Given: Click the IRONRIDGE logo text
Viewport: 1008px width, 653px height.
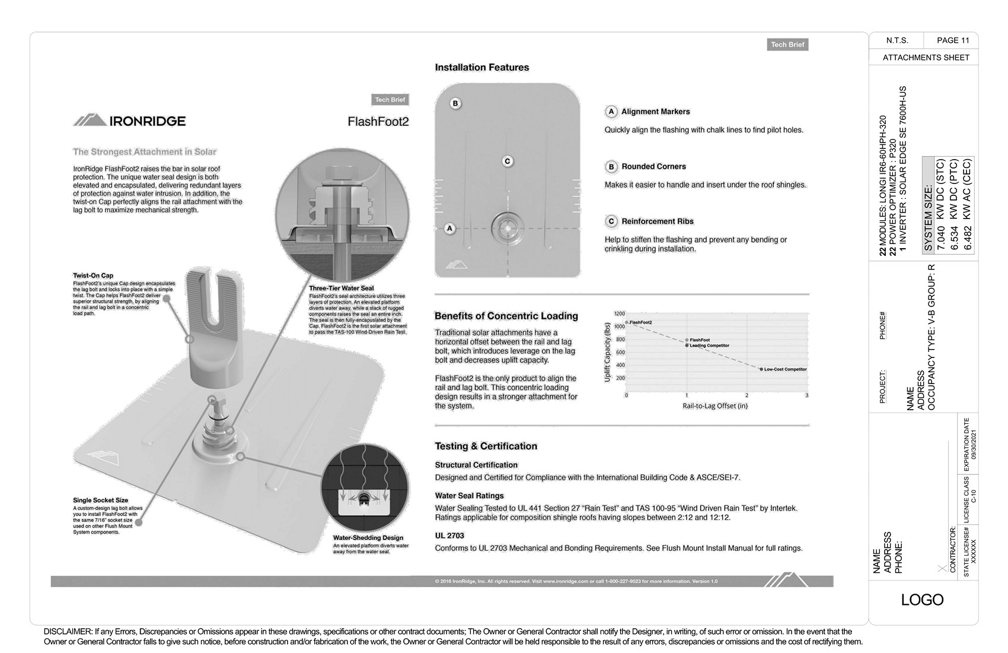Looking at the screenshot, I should (x=147, y=121).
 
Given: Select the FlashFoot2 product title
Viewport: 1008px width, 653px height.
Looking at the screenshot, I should (x=378, y=122).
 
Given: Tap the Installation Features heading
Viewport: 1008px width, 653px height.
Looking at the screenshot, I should (x=481, y=68).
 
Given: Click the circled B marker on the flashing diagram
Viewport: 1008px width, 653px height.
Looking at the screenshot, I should (x=455, y=103).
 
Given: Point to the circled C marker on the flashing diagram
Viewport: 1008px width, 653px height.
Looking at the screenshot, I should (x=507, y=161).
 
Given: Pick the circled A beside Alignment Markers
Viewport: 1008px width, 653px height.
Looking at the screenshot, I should (x=611, y=112).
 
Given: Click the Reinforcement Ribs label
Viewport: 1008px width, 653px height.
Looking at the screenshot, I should (x=657, y=221).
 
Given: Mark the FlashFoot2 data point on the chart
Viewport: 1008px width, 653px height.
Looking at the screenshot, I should (x=627, y=322).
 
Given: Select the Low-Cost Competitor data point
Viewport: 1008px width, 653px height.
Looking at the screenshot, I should (x=761, y=369).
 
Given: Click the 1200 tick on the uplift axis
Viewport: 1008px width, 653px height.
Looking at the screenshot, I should (x=619, y=313).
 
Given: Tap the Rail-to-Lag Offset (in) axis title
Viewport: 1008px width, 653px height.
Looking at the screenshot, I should (x=715, y=406).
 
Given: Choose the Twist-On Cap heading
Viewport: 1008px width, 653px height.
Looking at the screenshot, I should (x=93, y=275).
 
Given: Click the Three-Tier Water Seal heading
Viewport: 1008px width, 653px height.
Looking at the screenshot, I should (x=342, y=289).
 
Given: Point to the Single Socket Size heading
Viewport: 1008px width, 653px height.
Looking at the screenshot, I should (x=101, y=500).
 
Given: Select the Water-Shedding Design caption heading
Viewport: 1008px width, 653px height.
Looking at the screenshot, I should (x=368, y=538).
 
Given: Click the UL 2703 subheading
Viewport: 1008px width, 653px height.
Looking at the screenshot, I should (x=449, y=535).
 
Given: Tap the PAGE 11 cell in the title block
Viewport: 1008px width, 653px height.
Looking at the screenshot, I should (x=953, y=40).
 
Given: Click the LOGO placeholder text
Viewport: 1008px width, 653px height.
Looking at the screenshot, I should (x=922, y=600).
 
